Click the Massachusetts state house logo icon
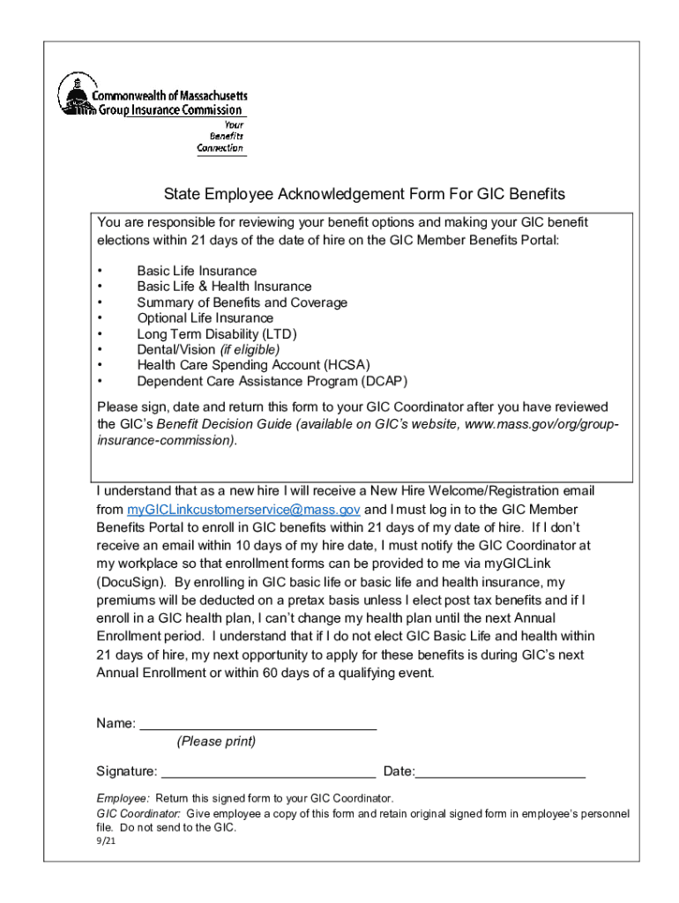click(x=75, y=93)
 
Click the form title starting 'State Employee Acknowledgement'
click(x=364, y=194)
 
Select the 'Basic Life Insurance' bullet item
click(x=197, y=271)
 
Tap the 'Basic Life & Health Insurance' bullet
click(x=224, y=287)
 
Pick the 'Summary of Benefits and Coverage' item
click(x=242, y=302)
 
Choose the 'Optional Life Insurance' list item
click(x=205, y=318)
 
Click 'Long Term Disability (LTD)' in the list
click(x=217, y=334)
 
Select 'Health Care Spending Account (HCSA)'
click(x=253, y=366)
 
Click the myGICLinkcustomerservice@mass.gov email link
click(x=244, y=510)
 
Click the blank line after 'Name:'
click(x=258, y=727)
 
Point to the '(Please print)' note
click(x=216, y=742)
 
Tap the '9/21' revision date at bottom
click(x=106, y=842)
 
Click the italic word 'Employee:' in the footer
click(x=123, y=799)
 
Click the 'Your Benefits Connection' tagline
click(x=220, y=137)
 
